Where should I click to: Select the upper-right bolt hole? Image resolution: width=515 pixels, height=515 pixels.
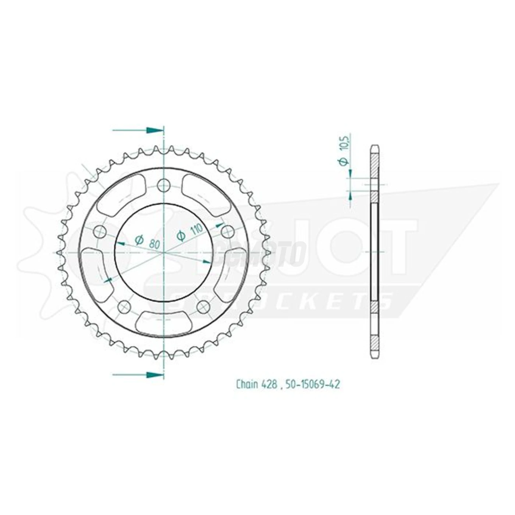click(x=228, y=231)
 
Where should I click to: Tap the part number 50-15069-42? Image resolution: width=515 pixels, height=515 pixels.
click(x=313, y=384)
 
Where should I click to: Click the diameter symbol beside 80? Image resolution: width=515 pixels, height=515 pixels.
click(x=139, y=240)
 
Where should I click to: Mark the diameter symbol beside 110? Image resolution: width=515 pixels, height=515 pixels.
click(x=181, y=236)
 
